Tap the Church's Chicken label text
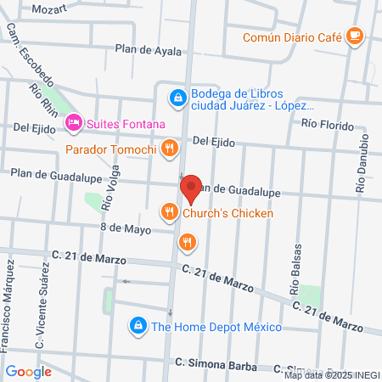point(228,213)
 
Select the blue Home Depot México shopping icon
point(137,325)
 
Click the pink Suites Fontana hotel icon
point(74,125)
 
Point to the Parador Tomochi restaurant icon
point(170,150)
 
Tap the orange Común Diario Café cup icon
point(354,37)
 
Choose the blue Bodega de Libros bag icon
point(177,98)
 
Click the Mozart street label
point(48,8)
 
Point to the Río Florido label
point(328,124)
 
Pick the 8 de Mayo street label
point(125,229)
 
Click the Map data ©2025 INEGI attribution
point(332,375)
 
